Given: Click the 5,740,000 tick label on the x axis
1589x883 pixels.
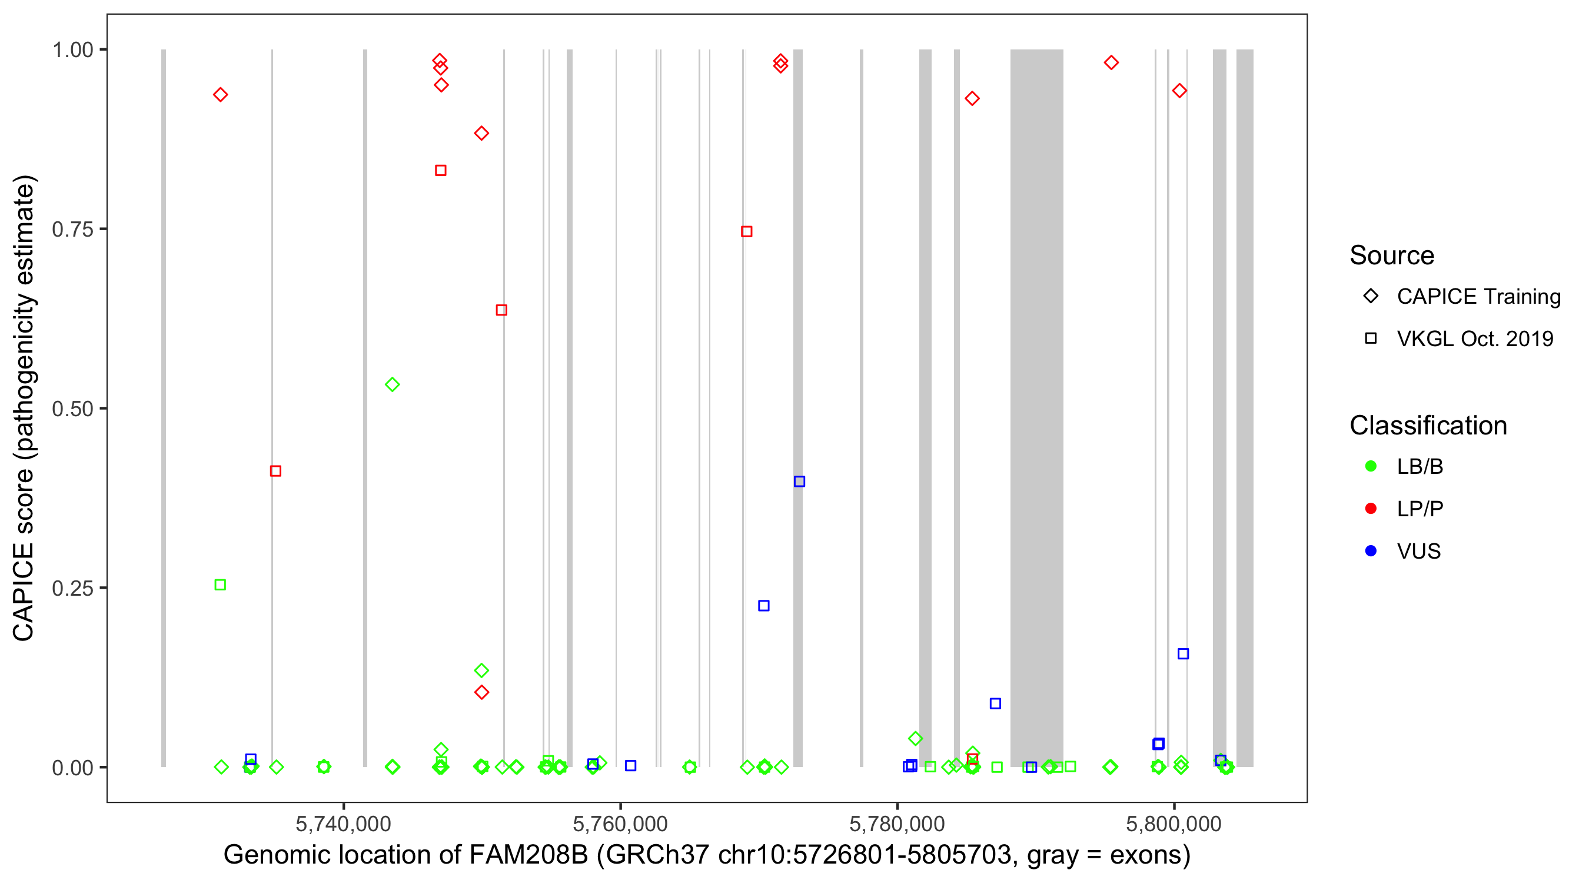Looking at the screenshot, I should coord(343,824).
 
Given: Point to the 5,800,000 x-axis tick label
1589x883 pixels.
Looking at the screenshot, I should coord(1174,824).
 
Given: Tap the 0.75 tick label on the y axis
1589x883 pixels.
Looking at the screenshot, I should coord(72,230).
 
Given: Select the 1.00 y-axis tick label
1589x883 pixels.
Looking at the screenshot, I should coord(72,50).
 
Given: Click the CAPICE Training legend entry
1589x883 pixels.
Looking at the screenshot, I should coord(1478,297).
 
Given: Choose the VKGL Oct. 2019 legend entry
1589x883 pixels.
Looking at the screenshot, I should coord(1474,338).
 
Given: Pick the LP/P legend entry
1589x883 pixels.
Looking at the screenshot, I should coord(1420,509).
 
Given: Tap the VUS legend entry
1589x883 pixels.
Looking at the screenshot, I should coord(1418,551).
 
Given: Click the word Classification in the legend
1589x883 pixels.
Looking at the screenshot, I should coord(1428,426).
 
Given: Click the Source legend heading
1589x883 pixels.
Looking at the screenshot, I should coord(1392,255).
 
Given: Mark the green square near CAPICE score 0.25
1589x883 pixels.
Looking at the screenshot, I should coord(220,585).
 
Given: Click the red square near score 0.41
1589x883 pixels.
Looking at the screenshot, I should coord(276,472).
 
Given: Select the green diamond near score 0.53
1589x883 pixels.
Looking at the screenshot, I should coord(393,385).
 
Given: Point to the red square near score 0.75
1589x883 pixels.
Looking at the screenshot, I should coord(746,232).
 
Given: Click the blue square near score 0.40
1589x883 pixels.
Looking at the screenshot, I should coord(799,482).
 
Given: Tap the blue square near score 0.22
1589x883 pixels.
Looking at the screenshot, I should coord(764,606).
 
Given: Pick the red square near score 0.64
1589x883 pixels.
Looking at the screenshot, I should coord(501,310).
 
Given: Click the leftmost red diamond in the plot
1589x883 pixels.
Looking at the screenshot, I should coord(220,95).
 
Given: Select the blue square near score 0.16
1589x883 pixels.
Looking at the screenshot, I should coord(1183,654).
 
